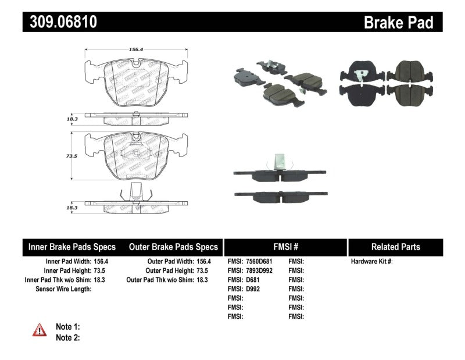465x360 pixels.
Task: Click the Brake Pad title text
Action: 398,22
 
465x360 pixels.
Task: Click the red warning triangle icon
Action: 39,330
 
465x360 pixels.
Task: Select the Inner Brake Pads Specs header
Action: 72,247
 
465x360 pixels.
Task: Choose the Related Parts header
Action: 395,247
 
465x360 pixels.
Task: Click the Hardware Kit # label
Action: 371,262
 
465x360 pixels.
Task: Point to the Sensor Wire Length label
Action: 63,289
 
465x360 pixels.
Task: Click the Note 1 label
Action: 67,327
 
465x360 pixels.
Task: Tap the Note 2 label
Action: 67,337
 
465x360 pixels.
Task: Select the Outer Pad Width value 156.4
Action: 203,262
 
